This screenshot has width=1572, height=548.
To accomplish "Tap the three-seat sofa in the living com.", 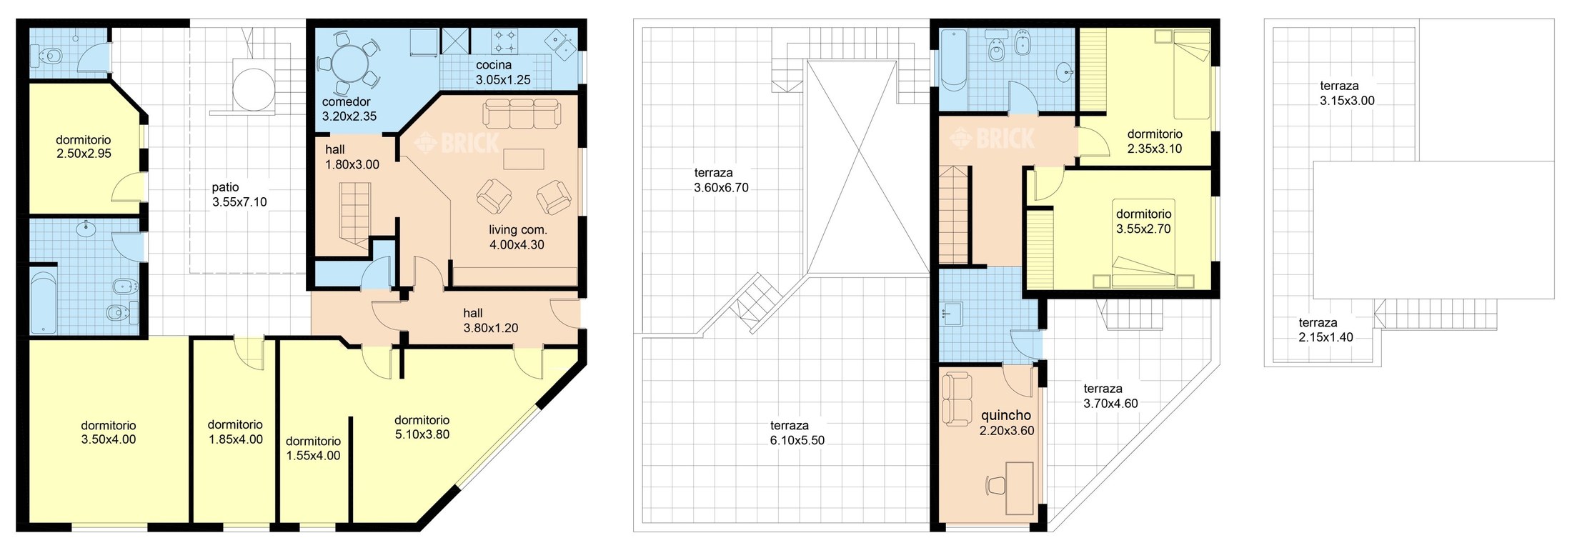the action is point(521,113).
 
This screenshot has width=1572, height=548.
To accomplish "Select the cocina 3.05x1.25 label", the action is point(503,73).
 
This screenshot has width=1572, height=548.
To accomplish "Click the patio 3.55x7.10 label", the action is point(239,195).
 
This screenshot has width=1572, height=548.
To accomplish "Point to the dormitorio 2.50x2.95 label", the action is point(84,147).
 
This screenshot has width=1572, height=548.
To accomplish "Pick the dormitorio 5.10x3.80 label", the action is point(422,427).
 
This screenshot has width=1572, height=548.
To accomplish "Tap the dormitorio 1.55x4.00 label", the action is point(313,449).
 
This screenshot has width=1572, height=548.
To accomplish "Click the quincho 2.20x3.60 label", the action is point(1007,423).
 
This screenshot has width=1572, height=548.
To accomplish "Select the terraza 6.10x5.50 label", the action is point(797,433).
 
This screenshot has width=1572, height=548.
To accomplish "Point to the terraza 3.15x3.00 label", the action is point(1347,94).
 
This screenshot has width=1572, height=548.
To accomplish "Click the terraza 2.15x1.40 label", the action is point(1325,330).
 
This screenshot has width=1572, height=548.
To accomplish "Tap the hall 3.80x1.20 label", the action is point(491,321).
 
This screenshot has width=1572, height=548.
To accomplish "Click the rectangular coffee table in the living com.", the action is point(524,159).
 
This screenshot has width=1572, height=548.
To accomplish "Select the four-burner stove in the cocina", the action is point(505,41).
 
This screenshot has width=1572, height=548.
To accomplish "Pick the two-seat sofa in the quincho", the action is point(957,399).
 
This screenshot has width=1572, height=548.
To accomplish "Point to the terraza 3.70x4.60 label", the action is point(1110,396).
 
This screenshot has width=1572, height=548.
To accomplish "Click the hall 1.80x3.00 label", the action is point(352,157).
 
